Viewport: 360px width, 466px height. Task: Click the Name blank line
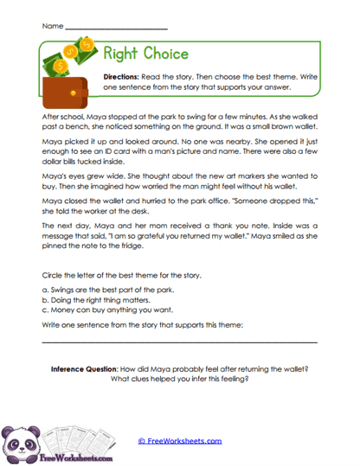coord(116,28)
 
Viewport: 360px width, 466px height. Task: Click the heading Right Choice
coord(145,54)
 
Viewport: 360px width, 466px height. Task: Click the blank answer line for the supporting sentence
coord(179,342)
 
